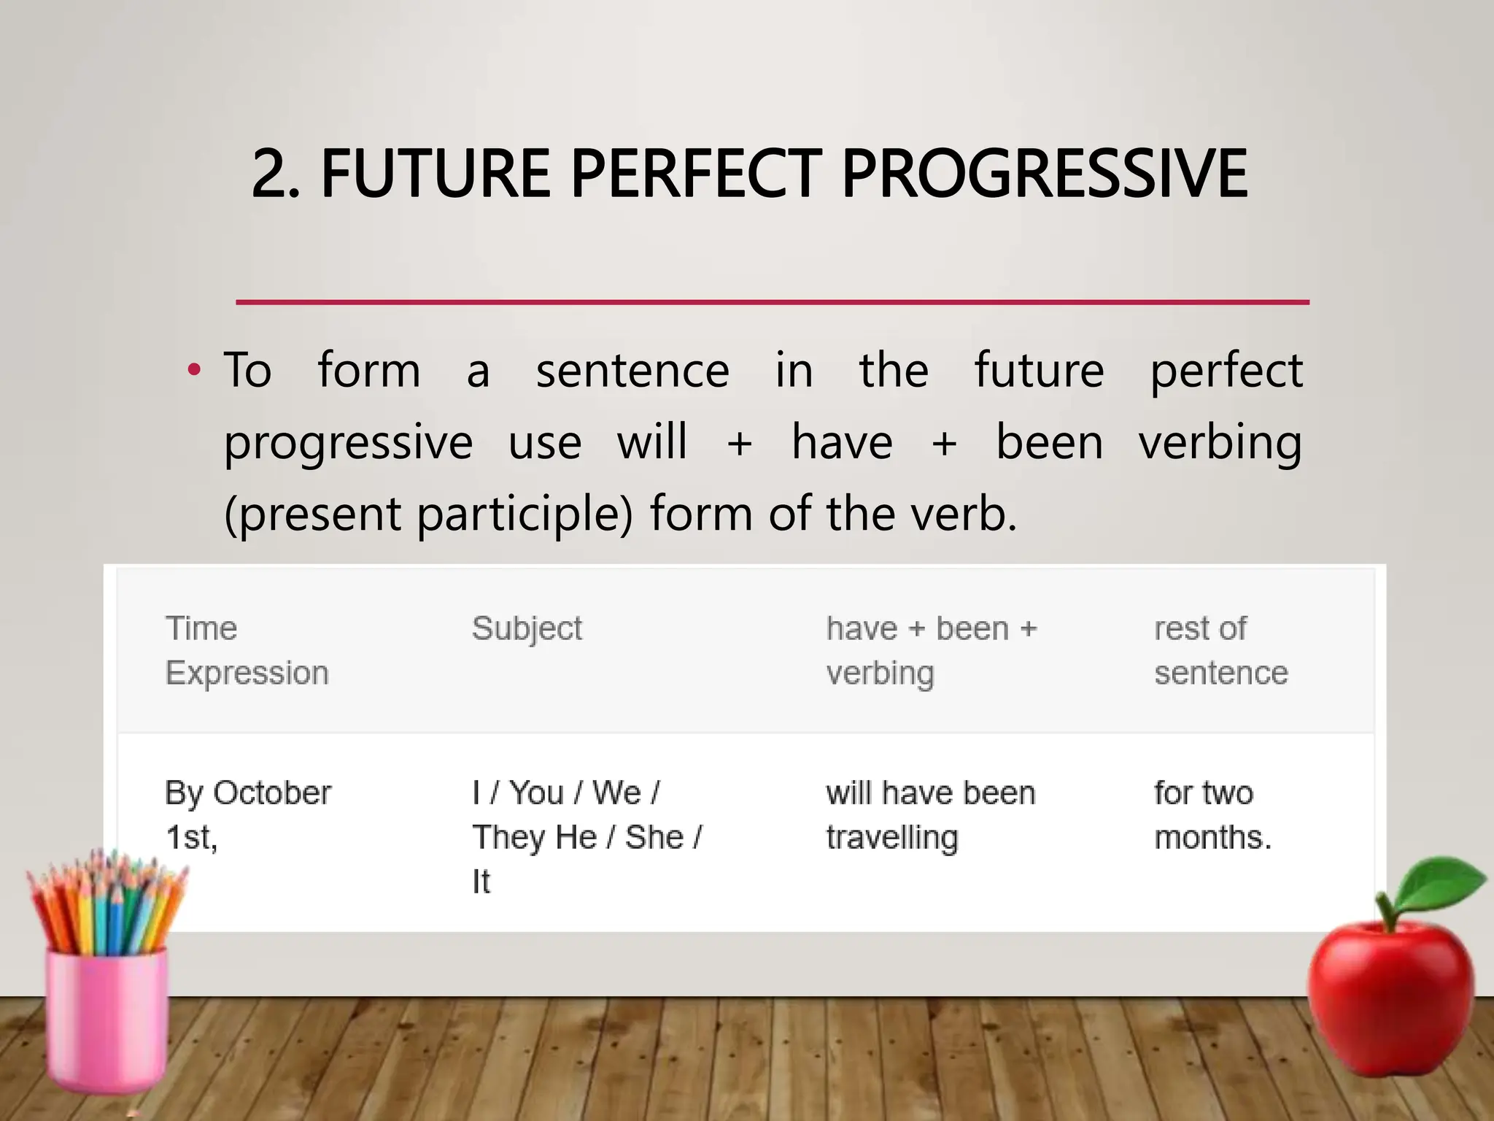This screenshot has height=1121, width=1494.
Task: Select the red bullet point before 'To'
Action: [193, 370]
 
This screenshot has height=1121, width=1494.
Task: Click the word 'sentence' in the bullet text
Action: [632, 370]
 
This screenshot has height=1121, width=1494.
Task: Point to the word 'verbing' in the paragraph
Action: [1220, 443]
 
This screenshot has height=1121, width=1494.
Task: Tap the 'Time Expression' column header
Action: [247, 650]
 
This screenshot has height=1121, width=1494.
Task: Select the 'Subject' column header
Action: [527, 628]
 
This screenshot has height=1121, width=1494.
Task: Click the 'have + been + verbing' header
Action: [931, 650]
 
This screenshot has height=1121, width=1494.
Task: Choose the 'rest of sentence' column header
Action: [1220, 650]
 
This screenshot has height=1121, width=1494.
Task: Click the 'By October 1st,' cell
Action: [248, 814]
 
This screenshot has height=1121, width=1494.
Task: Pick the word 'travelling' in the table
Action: [891, 837]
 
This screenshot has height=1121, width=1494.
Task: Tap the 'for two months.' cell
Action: [1212, 814]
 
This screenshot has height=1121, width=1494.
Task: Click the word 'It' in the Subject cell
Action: [481, 882]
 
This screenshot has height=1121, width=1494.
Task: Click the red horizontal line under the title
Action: [772, 301]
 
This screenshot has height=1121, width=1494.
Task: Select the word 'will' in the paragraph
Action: [651, 443]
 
